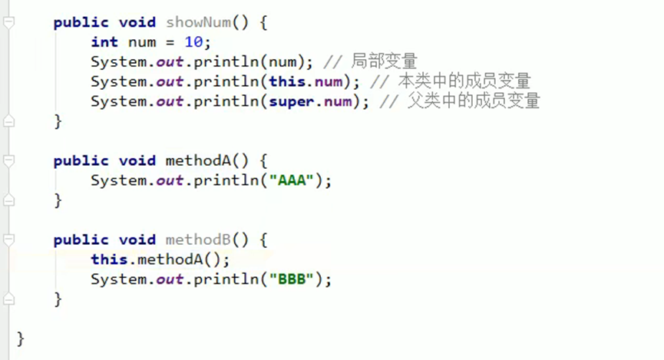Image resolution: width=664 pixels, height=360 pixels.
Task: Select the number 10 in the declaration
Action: [x=198, y=41]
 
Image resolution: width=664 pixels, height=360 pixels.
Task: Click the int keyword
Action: [x=104, y=41]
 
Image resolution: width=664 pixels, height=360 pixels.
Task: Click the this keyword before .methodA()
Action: [x=108, y=259]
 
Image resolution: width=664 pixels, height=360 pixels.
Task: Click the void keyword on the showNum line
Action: [x=137, y=22]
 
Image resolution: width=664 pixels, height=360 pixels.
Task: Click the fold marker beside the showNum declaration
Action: [x=8, y=23]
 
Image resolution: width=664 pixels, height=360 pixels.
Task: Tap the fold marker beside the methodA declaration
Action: [x=8, y=161]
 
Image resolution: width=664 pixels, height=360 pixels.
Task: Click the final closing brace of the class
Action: [x=21, y=339]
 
